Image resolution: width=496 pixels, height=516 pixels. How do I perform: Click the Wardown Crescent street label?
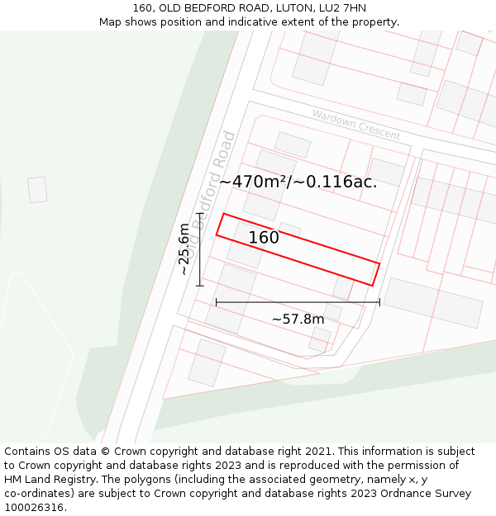(355, 124)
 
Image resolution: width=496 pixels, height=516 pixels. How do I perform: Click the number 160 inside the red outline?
(264, 238)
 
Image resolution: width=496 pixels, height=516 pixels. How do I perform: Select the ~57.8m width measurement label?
(298, 319)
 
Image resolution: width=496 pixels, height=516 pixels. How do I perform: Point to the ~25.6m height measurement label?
(184, 249)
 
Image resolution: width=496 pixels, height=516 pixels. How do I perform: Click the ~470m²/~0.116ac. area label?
(298, 182)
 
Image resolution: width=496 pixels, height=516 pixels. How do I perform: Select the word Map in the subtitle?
(111, 22)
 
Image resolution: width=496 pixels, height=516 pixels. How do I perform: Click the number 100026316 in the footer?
(35, 508)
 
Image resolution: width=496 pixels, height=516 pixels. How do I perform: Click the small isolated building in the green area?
(37, 189)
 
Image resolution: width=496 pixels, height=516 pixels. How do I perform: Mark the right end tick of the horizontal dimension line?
(379, 302)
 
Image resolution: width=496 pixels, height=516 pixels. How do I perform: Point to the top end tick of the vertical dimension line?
(199, 214)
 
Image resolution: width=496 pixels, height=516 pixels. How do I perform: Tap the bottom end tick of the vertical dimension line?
(199, 286)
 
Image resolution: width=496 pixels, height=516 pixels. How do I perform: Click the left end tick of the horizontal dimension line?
(217, 302)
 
